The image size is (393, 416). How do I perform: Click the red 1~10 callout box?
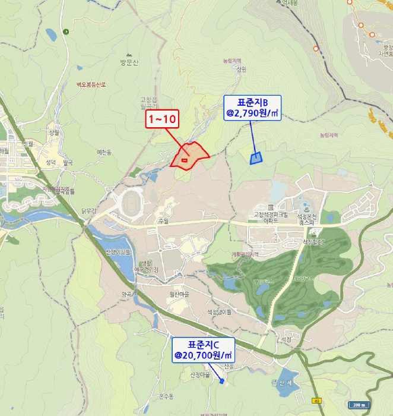click(x=162, y=119)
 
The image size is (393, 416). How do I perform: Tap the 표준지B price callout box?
click(x=252, y=107)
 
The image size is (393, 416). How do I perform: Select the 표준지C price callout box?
click(x=203, y=350)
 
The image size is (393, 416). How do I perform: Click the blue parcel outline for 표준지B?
click(x=256, y=158)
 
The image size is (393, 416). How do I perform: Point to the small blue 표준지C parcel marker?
click(x=222, y=382)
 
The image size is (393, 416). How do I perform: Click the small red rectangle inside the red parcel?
click(x=184, y=160)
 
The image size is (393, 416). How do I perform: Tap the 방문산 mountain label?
click(x=128, y=62)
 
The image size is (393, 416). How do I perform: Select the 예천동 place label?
click(x=104, y=153)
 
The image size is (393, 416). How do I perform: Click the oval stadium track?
click(x=132, y=203)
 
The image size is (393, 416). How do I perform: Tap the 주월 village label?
click(x=163, y=220)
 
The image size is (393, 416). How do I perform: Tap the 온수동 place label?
click(x=166, y=396)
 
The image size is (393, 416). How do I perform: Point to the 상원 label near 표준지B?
click(x=240, y=69)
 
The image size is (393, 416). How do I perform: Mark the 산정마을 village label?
click(x=201, y=375)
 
